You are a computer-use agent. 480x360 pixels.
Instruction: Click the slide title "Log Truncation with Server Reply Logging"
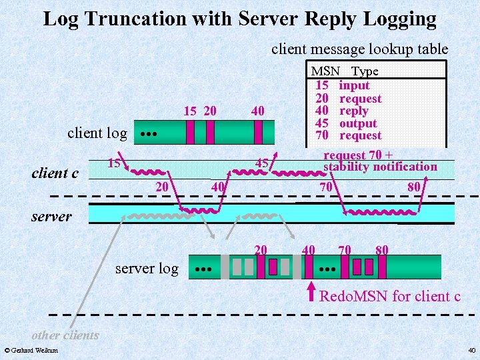(239, 19)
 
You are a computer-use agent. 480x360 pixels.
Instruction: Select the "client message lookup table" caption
(359, 49)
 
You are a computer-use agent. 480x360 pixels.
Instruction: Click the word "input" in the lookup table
(354, 85)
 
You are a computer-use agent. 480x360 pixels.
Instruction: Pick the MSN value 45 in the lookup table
(321, 123)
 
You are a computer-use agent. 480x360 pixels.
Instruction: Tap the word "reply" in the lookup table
(353, 111)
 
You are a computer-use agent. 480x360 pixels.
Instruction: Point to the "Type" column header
(365, 71)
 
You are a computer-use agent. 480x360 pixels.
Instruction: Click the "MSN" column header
(325, 71)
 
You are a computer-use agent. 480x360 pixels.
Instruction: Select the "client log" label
(97, 133)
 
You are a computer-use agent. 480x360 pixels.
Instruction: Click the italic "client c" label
(55, 173)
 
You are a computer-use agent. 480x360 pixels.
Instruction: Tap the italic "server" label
(51, 217)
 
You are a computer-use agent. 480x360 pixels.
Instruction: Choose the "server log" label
(147, 269)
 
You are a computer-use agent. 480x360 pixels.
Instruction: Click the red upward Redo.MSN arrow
(309, 292)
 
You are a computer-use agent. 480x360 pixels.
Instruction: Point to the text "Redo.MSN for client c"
(390, 296)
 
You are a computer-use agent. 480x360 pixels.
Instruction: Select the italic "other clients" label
(65, 335)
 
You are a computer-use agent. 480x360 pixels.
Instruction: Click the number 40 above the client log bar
(258, 111)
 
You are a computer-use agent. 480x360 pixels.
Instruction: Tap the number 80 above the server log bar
(382, 250)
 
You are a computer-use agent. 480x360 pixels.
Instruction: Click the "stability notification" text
(380, 167)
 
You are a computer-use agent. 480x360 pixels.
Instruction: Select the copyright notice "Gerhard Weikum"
(31, 350)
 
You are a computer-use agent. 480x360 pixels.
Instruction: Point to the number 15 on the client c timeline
(115, 163)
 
